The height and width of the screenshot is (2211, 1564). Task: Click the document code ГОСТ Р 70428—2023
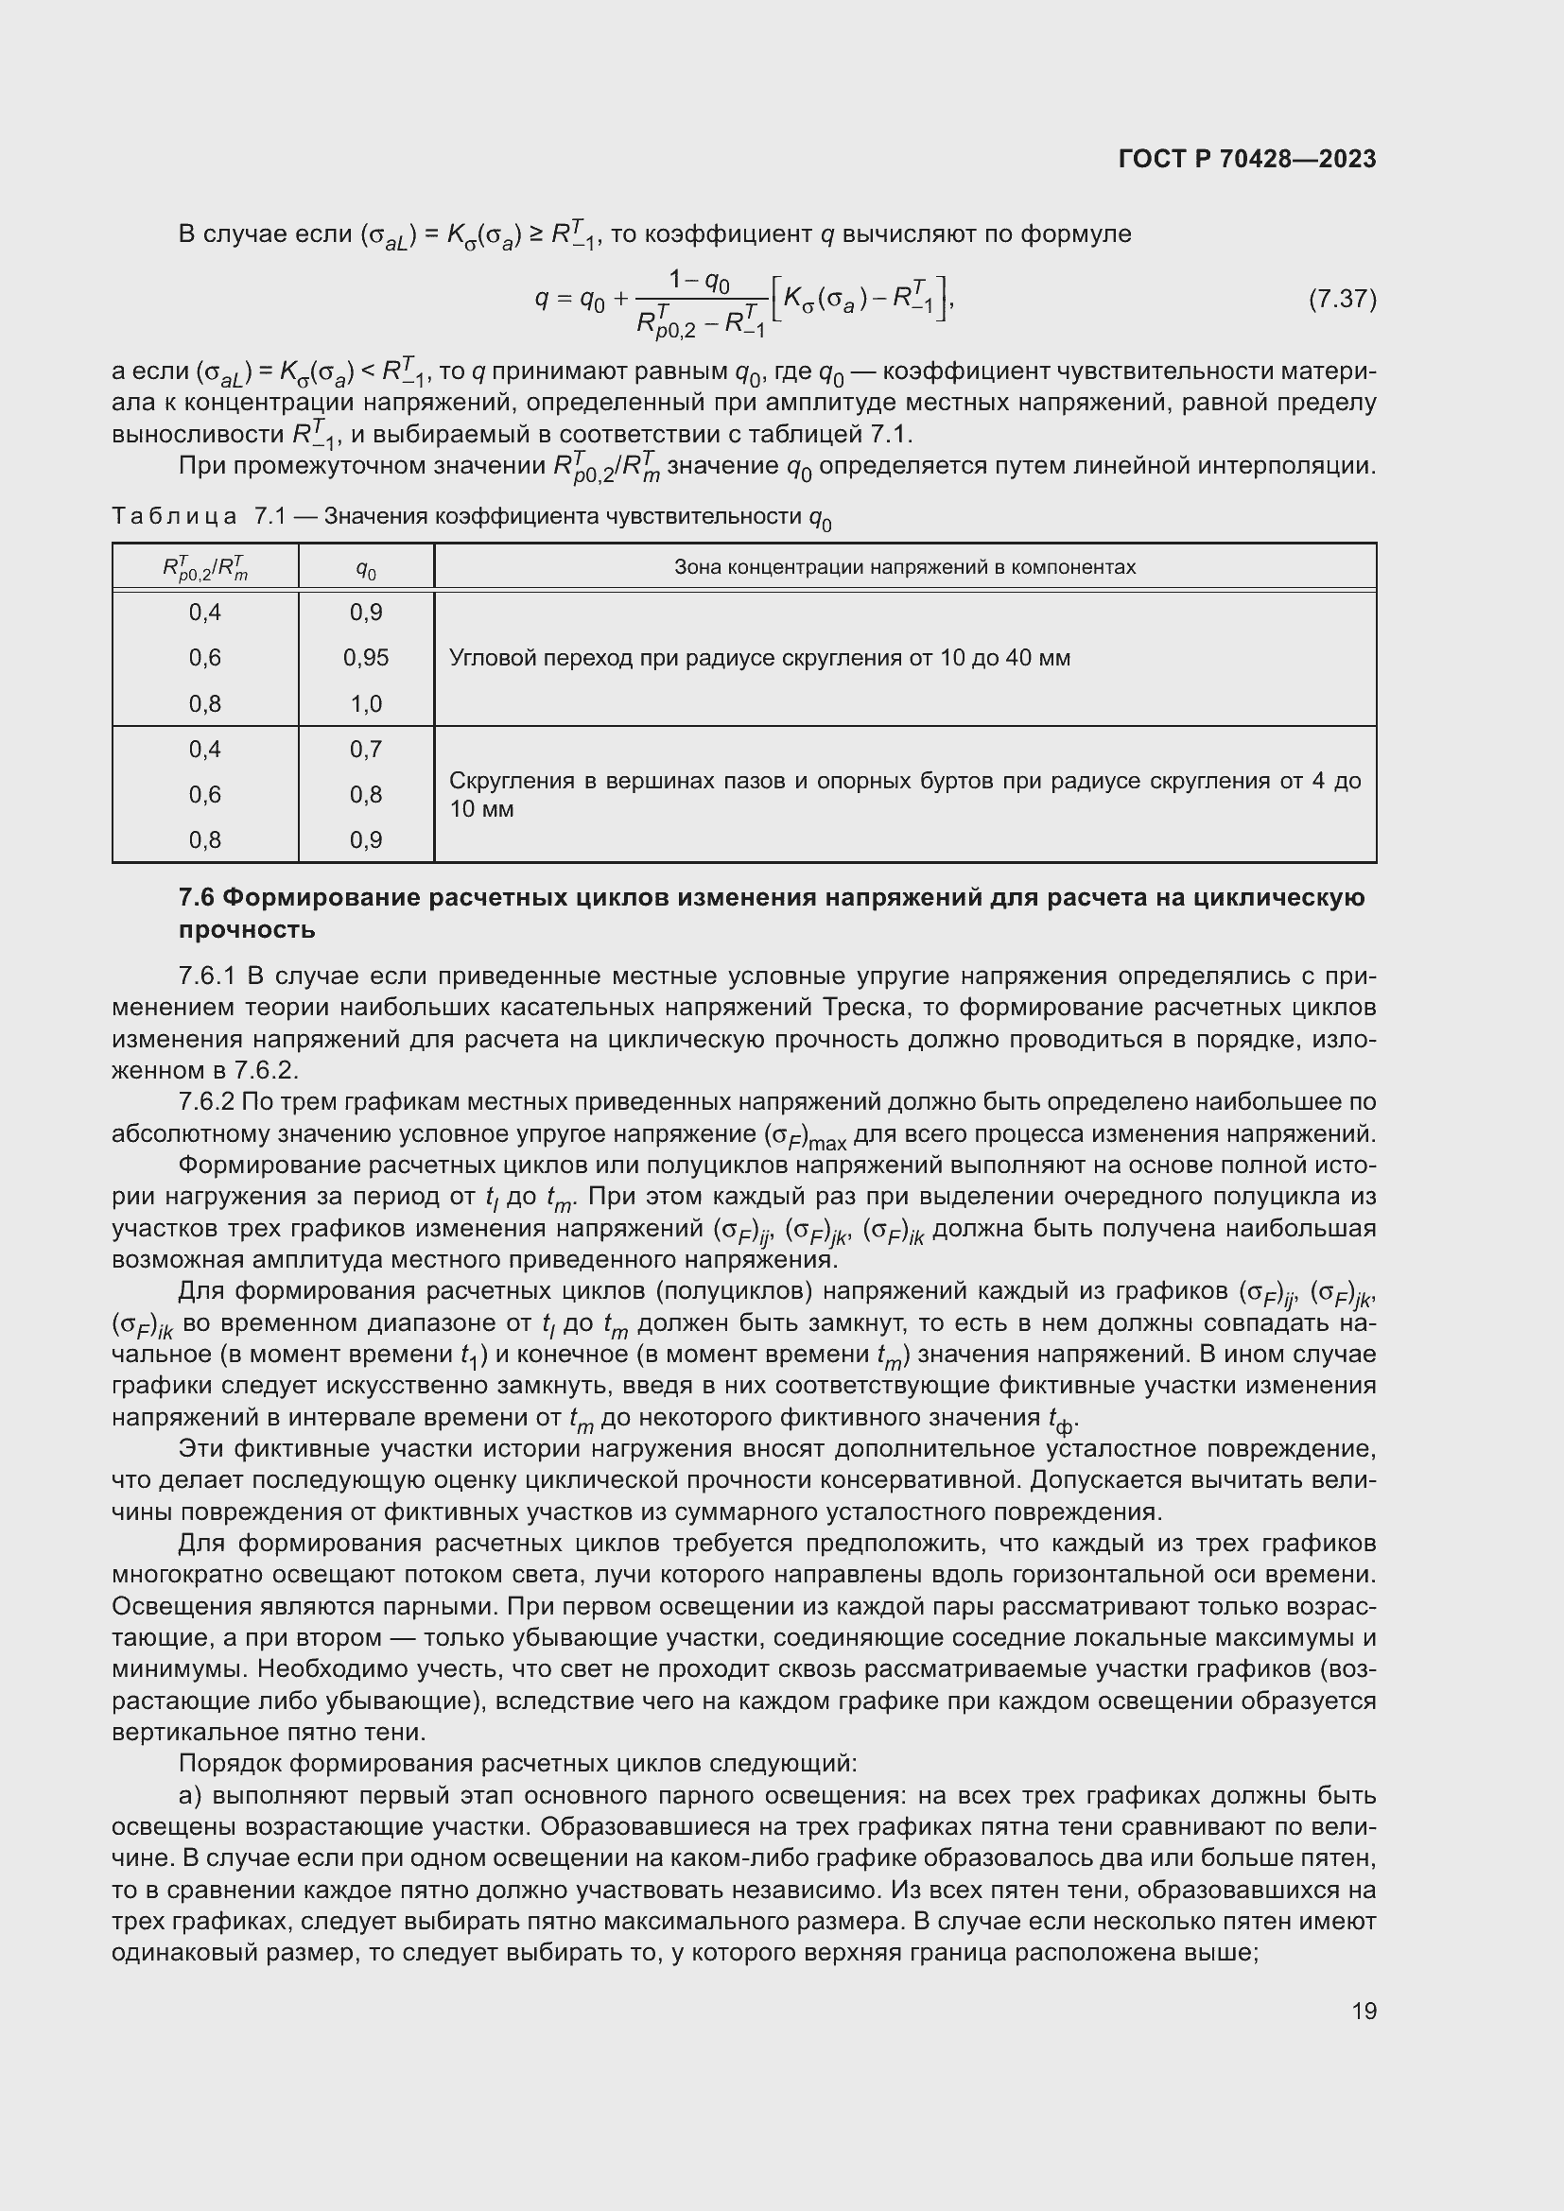(x=1246, y=159)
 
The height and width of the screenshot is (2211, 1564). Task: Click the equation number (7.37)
(x=1342, y=300)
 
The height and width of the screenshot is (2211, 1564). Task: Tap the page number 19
(x=1364, y=2011)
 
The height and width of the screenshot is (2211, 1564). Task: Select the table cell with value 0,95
(x=366, y=658)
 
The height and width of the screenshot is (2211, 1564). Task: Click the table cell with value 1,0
(x=366, y=704)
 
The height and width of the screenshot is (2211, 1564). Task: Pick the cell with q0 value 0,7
(x=366, y=750)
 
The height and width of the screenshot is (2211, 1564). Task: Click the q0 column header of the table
(x=366, y=569)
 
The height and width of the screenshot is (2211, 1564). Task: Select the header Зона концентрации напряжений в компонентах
(x=904, y=567)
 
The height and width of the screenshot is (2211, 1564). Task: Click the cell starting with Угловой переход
(x=759, y=659)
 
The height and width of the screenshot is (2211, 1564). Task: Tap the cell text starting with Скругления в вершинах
(x=904, y=793)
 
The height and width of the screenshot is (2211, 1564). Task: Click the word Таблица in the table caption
(x=174, y=517)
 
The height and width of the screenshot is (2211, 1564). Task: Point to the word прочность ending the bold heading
(x=247, y=930)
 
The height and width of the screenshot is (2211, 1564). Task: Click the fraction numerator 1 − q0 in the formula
(x=700, y=280)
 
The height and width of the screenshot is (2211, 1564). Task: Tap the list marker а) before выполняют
(x=190, y=1797)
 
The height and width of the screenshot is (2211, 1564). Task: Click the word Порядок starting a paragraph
(x=229, y=1764)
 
